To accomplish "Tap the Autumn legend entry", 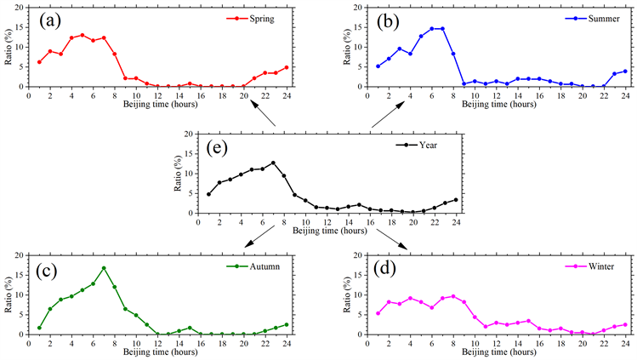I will coord(260,266).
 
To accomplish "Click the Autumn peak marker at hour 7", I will coord(104,268).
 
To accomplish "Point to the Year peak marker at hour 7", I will coord(273,163).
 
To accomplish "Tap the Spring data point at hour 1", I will coord(39,62).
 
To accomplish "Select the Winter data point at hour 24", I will coord(625,324).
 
